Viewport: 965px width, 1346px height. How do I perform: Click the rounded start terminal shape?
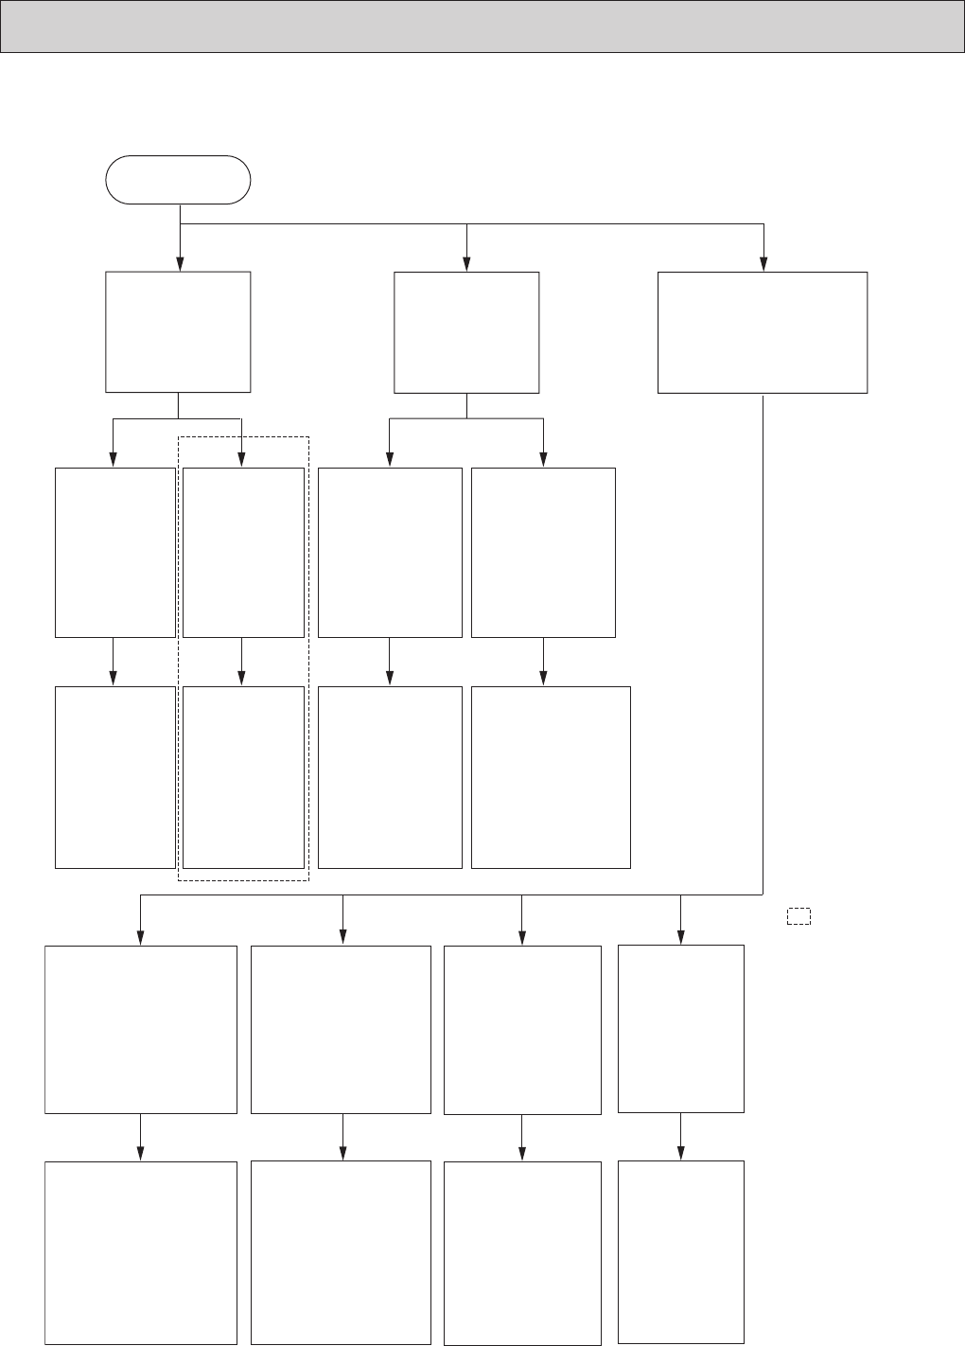pyautogui.click(x=178, y=180)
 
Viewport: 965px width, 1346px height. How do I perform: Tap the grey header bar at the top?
pyautogui.click(x=482, y=26)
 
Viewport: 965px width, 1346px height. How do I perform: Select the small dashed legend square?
pyautogui.click(x=798, y=916)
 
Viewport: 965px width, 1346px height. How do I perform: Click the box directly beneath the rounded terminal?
pyautogui.click(x=178, y=331)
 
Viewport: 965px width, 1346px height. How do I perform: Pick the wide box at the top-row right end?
pyautogui.click(x=763, y=332)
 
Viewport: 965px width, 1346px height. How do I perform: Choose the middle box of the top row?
pyautogui.click(x=466, y=332)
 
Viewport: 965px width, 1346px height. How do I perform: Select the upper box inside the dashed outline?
pyautogui.click(x=243, y=552)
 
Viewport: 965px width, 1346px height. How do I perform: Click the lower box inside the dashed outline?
pyautogui.click(x=243, y=776)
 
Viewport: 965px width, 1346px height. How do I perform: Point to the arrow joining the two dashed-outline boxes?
pyautogui.click(x=241, y=662)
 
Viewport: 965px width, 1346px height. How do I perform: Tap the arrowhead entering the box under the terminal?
pyautogui.click(x=179, y=265)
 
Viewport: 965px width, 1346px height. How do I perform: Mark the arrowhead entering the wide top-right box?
pyautogui.click(x=763, y=266)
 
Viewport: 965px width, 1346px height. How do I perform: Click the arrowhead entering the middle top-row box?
pyautogui.click(x=466, y=266)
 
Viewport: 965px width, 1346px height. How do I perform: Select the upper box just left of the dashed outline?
pyautogui.click(x=115, y=552)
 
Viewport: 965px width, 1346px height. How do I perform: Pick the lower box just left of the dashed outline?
pyautogui.click(x=115, y=776)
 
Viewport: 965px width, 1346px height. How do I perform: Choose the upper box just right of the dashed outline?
pyautogui.click(x=390, y=552)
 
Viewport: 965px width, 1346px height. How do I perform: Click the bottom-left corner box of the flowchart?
pyautogui.click(x=141, y=1252)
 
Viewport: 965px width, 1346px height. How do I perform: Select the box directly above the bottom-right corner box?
pyautogui.click(x=681, y=1028)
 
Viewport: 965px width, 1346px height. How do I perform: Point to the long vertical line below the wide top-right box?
pyautogui.click(x=763, y=644)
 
